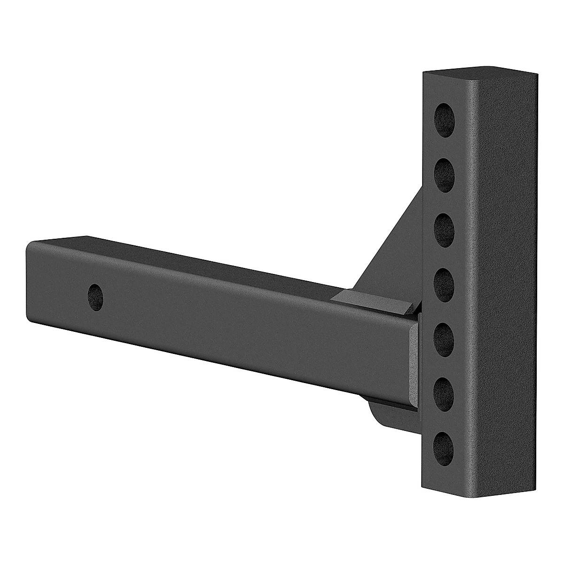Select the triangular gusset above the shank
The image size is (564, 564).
tap(395, 254)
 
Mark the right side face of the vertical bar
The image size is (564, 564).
tap(503, 282)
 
